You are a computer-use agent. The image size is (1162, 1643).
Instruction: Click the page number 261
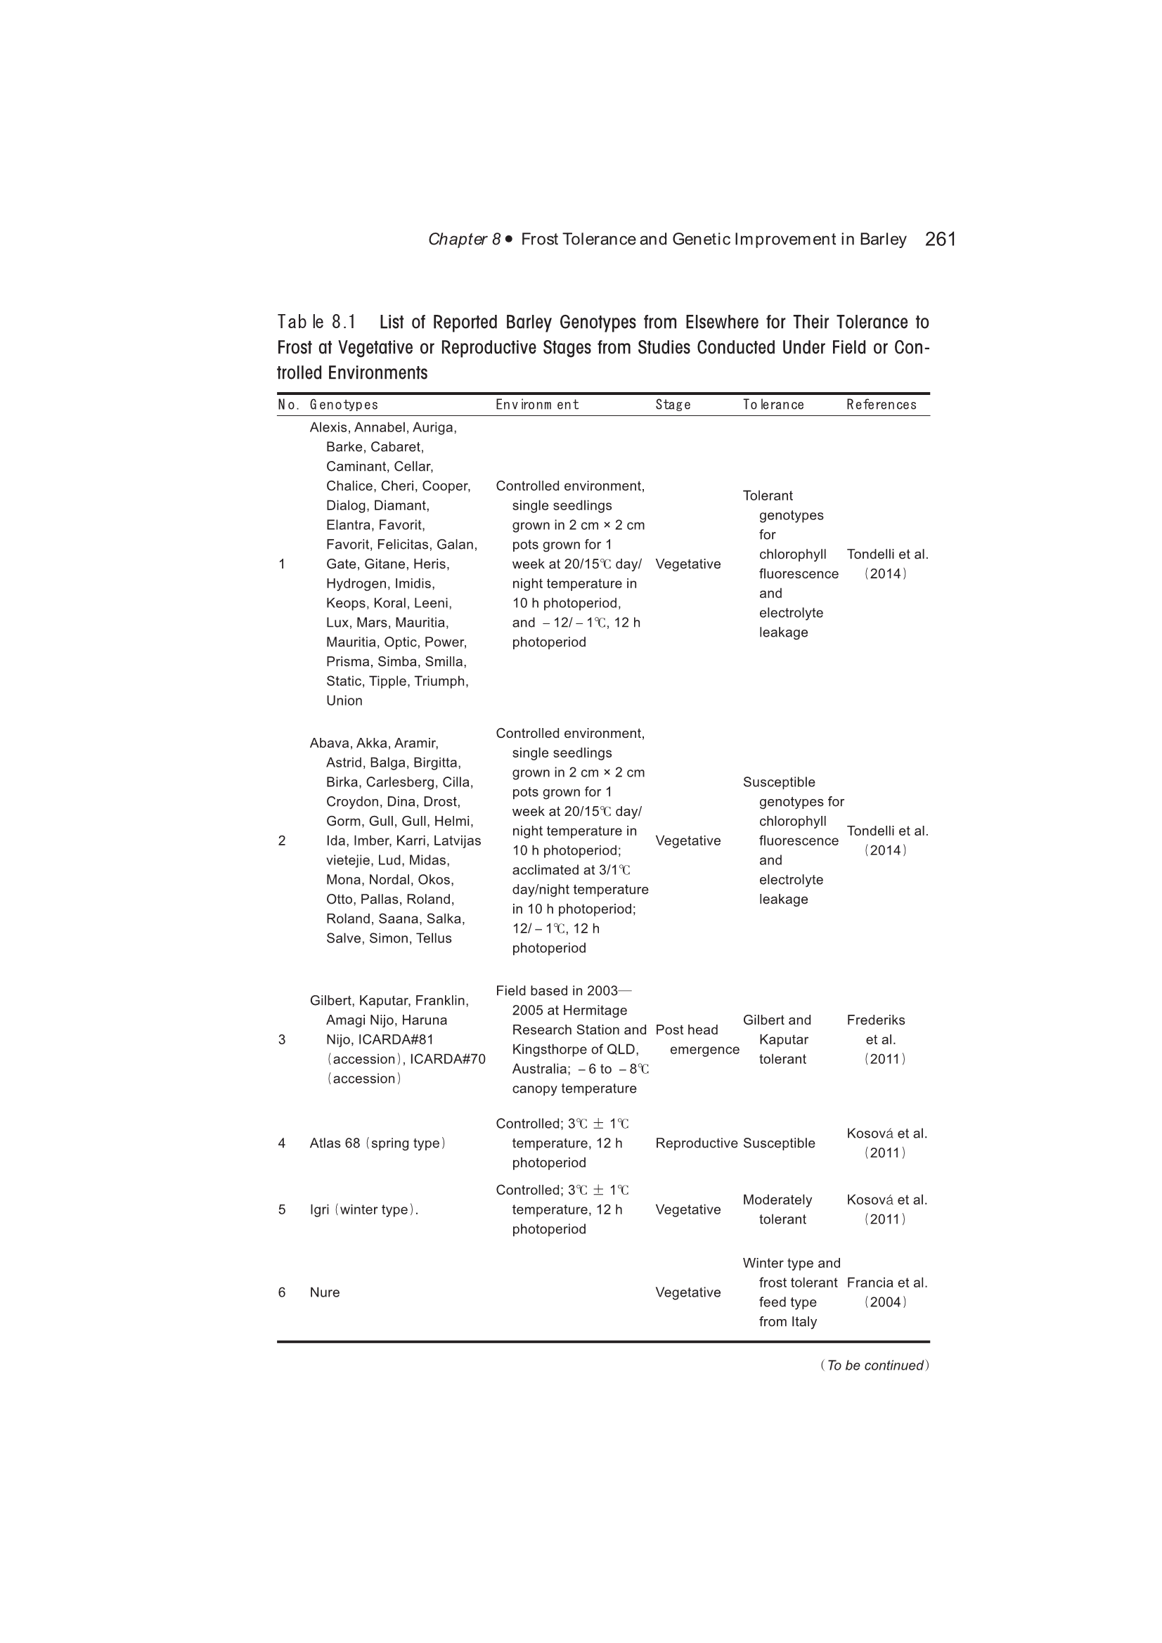pyautogui.click(x=940, y=239)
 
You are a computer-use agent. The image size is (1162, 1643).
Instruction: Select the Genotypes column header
pyautogui.click(x=344, y=405)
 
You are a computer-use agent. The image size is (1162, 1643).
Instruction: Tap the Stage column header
pyautogui.click(x=672, y=405)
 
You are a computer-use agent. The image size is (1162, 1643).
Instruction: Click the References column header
pyautogui.click(x=881, y=405)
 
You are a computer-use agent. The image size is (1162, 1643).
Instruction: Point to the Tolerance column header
pyautogui.click(x=773, y=405)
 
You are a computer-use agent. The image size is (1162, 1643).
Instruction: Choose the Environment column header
pyautogui.click(x=536, y=405)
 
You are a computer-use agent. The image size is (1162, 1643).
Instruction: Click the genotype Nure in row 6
pyautogui.click(x=324, y=1292)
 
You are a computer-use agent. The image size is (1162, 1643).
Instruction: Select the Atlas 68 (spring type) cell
pyautogui.click(x=377, y=1143)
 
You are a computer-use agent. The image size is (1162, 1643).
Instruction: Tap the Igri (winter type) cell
pyautogui.click(x=363, y=1209)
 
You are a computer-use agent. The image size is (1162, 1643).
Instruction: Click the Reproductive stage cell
pyautogui.click(x=696, y=1143)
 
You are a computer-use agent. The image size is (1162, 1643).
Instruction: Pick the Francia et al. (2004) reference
pyautogui.click(x=886, y=1292)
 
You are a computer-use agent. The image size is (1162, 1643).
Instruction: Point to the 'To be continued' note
pyautogui.click(x=874, y=1365)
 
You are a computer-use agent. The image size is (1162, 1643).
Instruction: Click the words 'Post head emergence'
pyautogui.click(x=696, y=1039)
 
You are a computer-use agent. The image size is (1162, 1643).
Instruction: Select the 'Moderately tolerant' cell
pyautogui.click(x=777, y=1209)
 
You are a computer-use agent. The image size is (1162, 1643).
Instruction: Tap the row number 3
pyautogui.click(x=281, y=1040)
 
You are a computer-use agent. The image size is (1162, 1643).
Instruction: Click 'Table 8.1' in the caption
pyautogui.click(x=316, y=322)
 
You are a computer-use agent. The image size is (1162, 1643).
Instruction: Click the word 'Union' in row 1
pyautogui.click(x=344, y=701)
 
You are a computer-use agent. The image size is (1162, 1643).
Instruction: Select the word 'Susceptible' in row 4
pyautogui.click(x=779, y=1143)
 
